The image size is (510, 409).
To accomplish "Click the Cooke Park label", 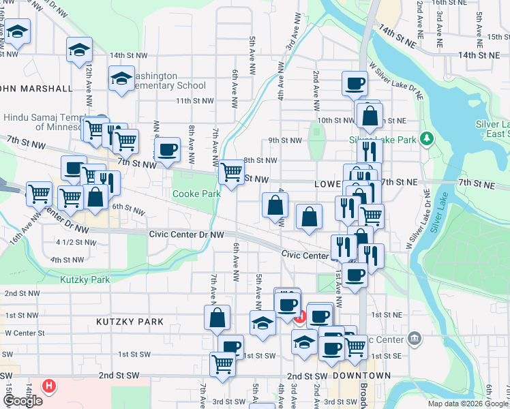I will pos(196,194).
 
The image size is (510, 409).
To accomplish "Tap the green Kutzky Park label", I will pos(85,279).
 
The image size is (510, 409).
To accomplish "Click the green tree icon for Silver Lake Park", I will pos(427,138).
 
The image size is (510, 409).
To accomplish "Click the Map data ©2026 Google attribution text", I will pos(468,404).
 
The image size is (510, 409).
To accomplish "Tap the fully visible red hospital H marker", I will pos(48,386).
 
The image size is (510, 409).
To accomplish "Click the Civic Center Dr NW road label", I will pos(186,234).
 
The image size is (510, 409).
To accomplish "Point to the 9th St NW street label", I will pos(284,140).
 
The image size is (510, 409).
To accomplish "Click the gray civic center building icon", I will pos(415,339).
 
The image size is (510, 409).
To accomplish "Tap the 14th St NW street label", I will pos(128,55).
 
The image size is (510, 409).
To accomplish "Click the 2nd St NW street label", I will pos(20,293).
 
